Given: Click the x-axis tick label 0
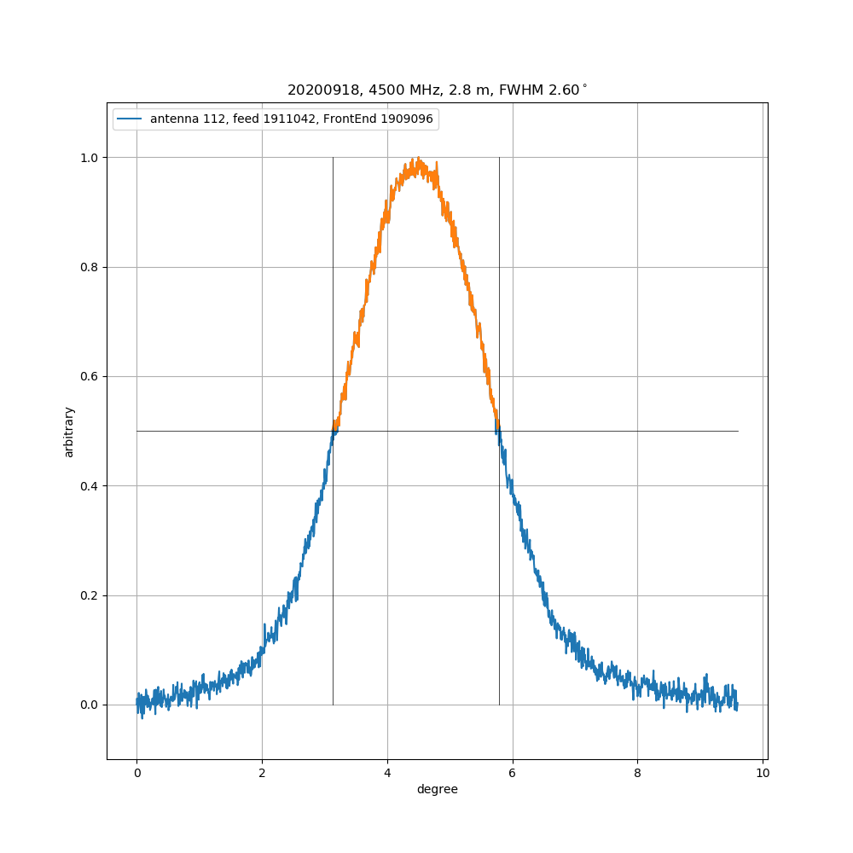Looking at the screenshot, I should click(136, 774).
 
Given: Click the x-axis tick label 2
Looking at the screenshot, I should click(262, 774).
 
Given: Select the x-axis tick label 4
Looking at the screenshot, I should click(387, 774).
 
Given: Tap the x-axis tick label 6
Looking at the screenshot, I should click(513, 774).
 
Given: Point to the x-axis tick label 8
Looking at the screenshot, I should click(638, 774).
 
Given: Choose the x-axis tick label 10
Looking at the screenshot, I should click(763, 774).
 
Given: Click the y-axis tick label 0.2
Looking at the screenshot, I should click(88, 595).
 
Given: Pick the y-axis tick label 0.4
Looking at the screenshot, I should click(88, 486).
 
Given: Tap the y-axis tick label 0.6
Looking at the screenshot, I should click(88, 377).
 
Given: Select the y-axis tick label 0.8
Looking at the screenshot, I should click(88, 267).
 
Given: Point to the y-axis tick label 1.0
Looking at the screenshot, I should click(88, 158).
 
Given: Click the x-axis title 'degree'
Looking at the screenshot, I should click(437, 790).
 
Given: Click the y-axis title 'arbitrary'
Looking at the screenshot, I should click(69, 432).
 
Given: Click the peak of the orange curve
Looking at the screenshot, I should click(415, 159).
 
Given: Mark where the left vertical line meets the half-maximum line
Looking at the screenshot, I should click(333, 431).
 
